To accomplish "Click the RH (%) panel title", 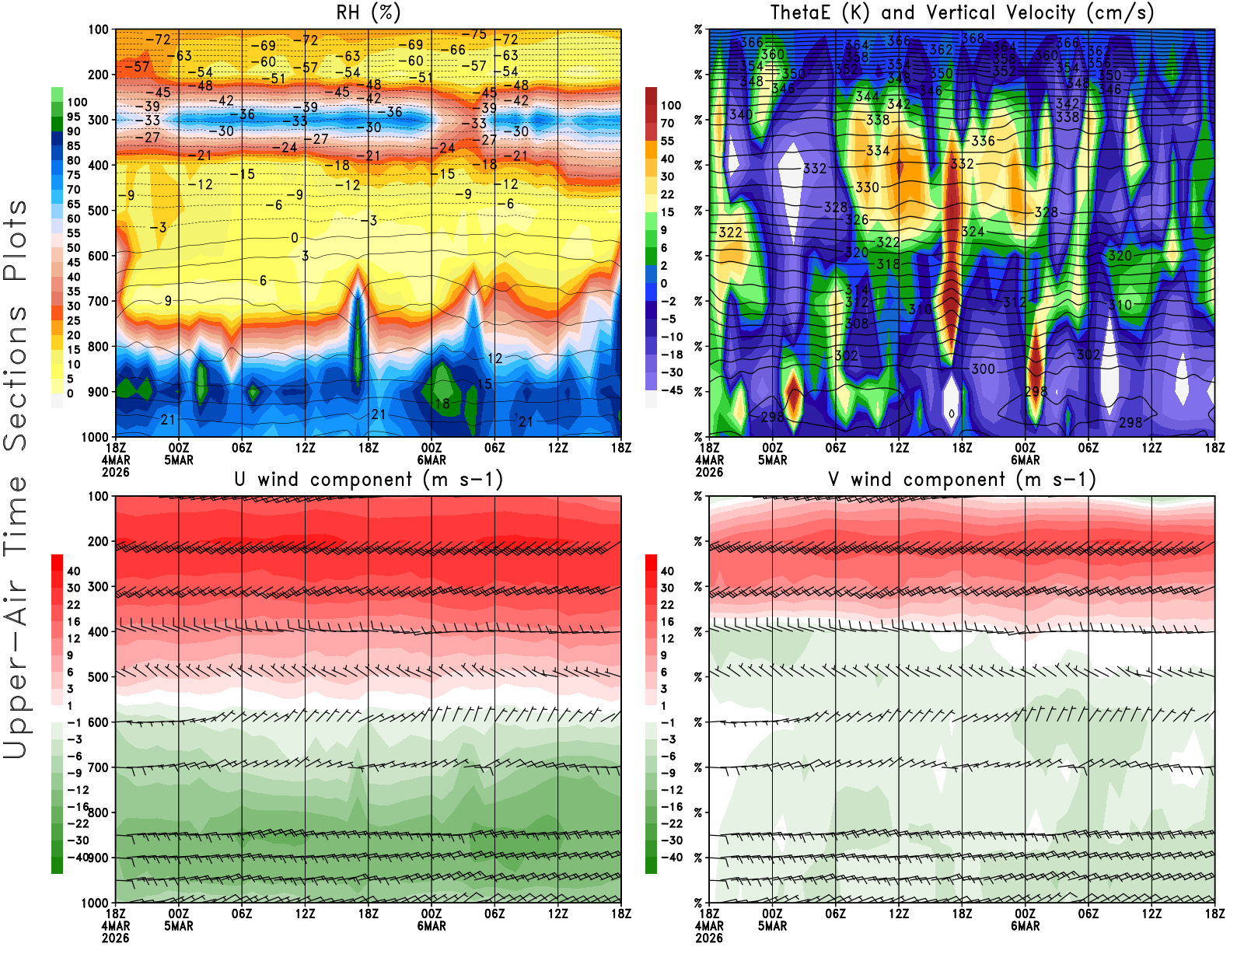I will pos(369,12).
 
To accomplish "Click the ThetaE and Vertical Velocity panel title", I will pos(962,12).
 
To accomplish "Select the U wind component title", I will pos(369,479).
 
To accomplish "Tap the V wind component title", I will pos(962,479).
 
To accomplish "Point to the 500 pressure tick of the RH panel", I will pos(99,210).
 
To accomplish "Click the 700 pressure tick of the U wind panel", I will pos(99,767).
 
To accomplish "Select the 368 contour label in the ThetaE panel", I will pos(973,38).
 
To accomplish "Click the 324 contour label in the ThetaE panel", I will pos(973,231).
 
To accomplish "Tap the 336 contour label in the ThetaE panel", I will pos(983,141).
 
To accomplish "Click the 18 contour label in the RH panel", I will pos(442,404).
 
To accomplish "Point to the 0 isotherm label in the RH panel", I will pos(295,238).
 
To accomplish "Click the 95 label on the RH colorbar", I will pos(73,117).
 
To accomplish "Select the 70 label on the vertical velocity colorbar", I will pos(667,123).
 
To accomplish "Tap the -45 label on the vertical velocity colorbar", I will pos(671,390).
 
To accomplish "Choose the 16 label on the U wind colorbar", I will pos(73,622).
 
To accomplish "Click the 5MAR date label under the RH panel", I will pos(179,460).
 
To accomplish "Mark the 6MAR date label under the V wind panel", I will pos(1026,926).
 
